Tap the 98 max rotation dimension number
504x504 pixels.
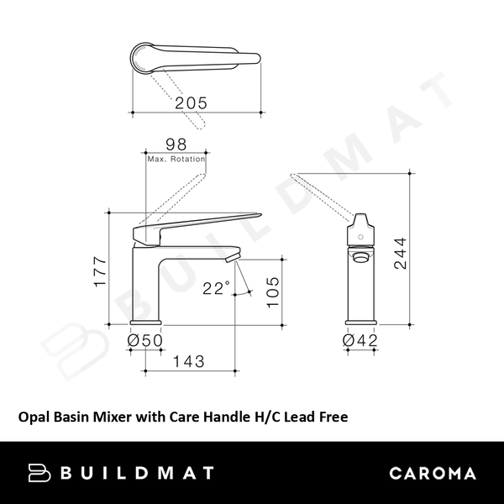pyautogui.click(x=176, y=144)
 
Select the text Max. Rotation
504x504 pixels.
pyautogui.click(x=176, y=158)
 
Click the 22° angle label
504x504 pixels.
pyautogui.click(x=216, y=289)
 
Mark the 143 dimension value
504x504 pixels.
pyautogui.click(x=190, y=362)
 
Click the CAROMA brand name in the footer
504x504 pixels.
pyautogui.click(x=433, y=473)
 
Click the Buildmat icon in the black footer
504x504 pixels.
pyautogui.click(x=39, y=472)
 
